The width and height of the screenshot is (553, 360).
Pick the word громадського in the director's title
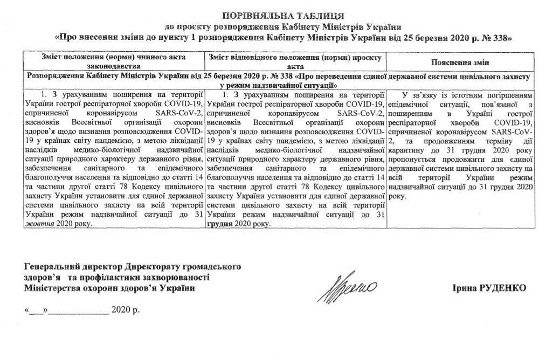(212, 267)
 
